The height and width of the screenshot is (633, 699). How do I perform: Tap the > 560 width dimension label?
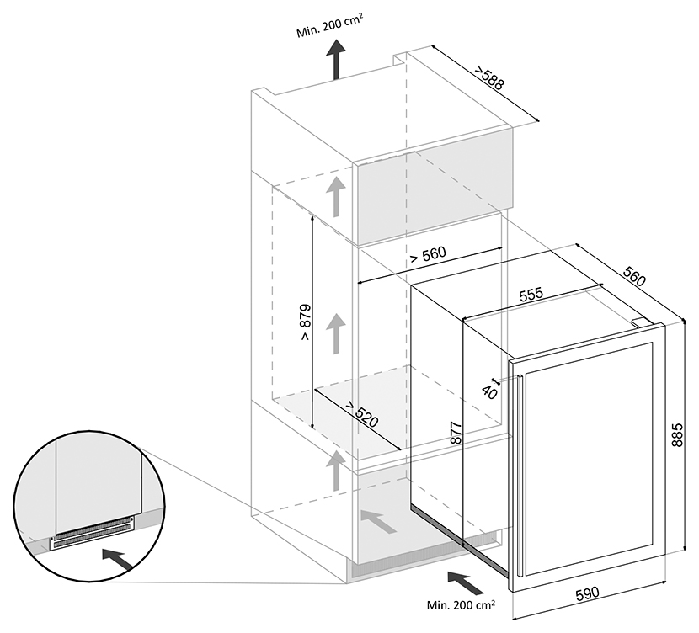(427, 254)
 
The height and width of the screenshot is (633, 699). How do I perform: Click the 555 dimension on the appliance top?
(531, 295)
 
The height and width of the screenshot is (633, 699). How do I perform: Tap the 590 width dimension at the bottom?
(586, 593)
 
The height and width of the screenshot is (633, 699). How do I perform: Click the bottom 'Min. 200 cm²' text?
(461, 604)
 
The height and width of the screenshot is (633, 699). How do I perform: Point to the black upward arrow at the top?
(337, 61)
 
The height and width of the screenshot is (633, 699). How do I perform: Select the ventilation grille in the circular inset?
(93, 534)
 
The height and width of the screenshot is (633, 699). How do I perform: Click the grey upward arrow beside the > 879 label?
(337, 332)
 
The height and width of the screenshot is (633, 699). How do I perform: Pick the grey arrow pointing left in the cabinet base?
(380, 522)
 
